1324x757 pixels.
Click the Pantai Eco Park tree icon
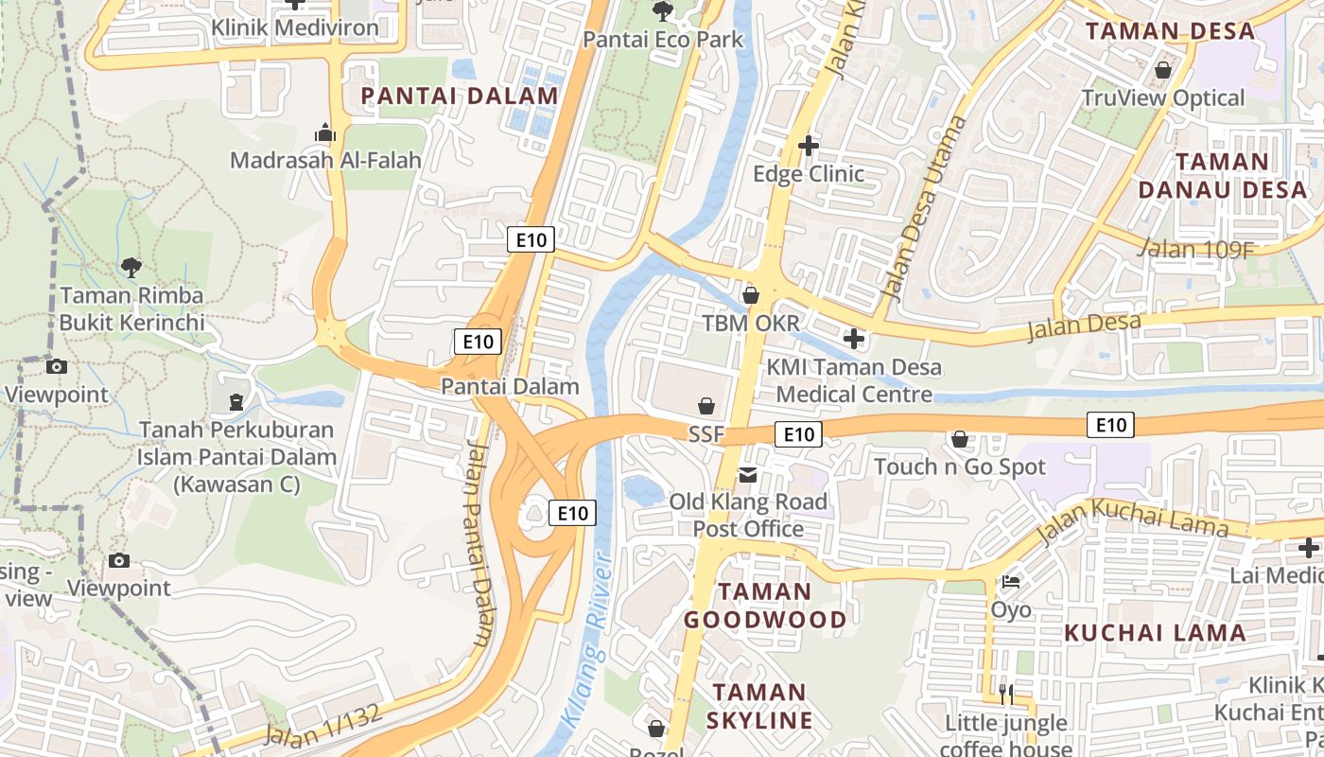coord(663,11)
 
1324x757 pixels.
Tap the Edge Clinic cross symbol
coord(809,146)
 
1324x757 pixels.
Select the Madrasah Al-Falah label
coord(325,160)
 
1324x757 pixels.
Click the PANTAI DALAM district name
coord(460,96)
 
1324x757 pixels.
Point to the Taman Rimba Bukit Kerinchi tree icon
coord(131,268)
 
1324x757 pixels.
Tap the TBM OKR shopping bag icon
coord(751,296)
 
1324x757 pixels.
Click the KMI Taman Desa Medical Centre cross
coord(854,338)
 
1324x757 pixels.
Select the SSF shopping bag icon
coord(706,407)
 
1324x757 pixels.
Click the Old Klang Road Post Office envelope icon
coord(748,474)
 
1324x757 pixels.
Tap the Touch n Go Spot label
coord(960,467)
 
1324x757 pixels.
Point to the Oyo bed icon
coord(1011,581)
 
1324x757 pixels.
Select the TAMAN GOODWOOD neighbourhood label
coord(765,606)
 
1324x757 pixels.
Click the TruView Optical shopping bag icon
coord(1163,70)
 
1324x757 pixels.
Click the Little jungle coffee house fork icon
coord(1006,695)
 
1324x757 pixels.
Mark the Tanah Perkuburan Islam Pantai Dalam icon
coord(235,402)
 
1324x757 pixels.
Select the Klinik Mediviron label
coord(295,27)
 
